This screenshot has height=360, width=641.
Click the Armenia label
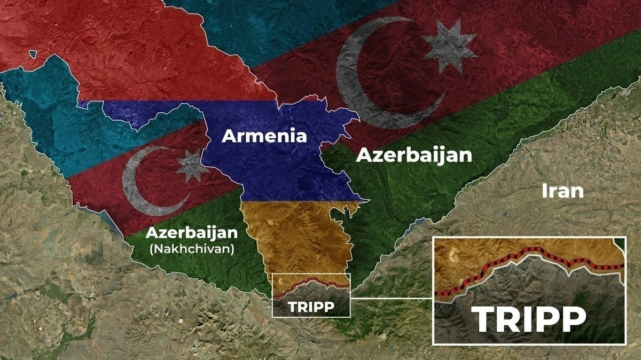point(264,136)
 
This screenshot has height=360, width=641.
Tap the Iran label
point(562,191)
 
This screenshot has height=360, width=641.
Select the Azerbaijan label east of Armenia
point(414,155)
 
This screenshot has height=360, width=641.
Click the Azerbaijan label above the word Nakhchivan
point(191,233)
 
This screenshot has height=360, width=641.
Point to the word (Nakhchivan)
point(191,248)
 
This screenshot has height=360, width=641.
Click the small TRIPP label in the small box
point(310,307)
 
